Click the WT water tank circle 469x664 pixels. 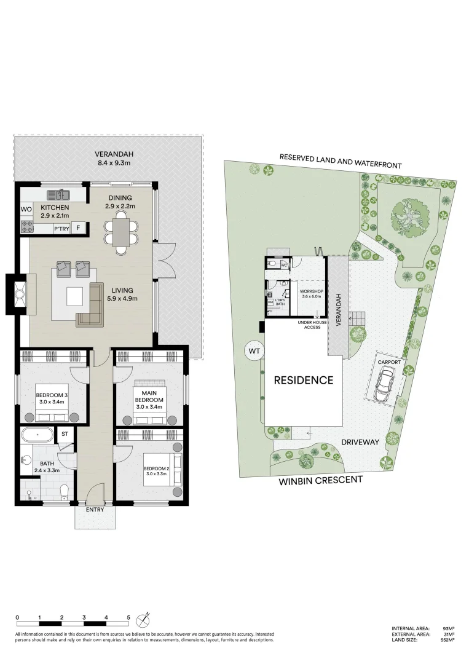253,350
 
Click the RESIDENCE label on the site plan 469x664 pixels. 304,380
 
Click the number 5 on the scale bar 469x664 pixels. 128,617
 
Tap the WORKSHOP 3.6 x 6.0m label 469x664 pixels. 312,293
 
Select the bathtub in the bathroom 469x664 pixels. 37,436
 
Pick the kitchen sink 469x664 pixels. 61,195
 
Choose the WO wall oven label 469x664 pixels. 26,210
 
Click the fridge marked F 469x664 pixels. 78,229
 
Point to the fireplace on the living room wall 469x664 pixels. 18,294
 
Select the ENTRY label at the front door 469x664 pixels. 95,509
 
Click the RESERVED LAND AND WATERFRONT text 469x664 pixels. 340,161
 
